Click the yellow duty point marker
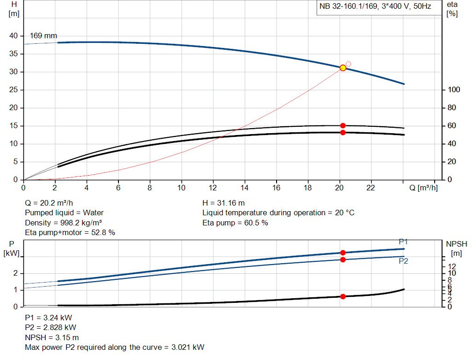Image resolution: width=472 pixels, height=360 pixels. coord(343,68)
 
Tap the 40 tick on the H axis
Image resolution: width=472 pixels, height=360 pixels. coord(13,36)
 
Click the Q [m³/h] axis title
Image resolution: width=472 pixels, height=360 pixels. coord(423,188)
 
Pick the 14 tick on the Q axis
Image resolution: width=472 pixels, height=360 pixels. coord(245,188)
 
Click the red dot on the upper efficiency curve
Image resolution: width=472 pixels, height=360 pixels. coord(343,125)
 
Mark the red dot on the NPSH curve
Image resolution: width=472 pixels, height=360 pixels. coord(343,296)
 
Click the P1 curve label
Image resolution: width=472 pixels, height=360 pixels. coord(403,242)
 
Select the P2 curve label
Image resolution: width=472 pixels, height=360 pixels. coord(403,261)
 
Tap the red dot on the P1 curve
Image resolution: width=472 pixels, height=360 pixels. coord(343,253)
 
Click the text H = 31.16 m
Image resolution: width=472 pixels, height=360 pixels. coord(224,203)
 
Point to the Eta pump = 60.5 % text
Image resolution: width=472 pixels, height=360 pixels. coord(235,223)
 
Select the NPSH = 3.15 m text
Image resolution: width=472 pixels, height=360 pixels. coord(52,337)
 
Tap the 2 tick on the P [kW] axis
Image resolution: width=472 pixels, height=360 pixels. coord(15,273)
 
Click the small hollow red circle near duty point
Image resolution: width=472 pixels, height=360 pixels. coord(348,64)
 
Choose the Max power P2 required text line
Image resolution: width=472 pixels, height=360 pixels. coord(114,347)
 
